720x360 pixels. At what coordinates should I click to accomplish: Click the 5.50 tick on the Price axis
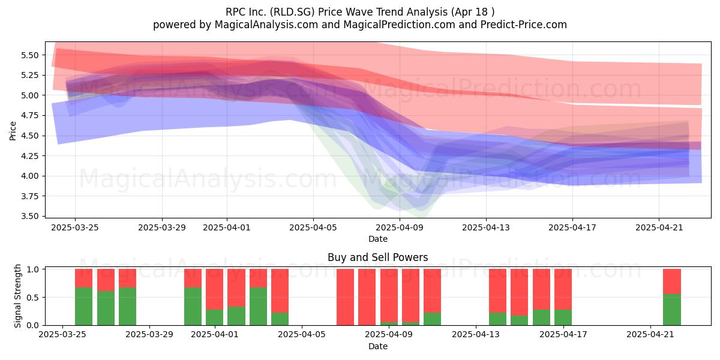tap(29, 55)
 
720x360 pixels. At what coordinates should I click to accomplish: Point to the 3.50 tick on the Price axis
tap(29, 216)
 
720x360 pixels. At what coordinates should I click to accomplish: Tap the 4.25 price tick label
tap(29, 156)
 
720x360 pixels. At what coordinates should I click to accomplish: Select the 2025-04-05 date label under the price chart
tap(313, 227)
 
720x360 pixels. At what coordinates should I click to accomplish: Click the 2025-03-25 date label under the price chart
tap(75, 227)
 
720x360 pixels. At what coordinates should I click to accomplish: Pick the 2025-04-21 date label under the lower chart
tap(650, 334)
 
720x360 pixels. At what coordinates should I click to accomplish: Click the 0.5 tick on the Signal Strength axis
tap(33, 298)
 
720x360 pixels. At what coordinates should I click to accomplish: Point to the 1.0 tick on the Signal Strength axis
tap(33, 269)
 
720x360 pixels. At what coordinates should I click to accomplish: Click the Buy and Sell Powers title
tap(377, 257)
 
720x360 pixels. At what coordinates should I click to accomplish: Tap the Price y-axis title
tap(13, 131)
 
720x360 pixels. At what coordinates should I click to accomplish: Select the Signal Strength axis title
tap(17, 296)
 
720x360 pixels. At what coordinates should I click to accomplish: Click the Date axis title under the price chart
tap(377, 239)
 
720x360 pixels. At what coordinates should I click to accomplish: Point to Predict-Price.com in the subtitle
tap(524, 25)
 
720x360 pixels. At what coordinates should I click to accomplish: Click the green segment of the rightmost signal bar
tap(672, 310)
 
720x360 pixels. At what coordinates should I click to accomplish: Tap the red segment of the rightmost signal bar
tap(672, 281)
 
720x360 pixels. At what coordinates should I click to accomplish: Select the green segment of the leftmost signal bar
tap(83, 306)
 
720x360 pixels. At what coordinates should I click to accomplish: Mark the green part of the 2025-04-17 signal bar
tap(563, 317)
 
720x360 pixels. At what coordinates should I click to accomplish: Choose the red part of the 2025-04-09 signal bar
tap(389, 296)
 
